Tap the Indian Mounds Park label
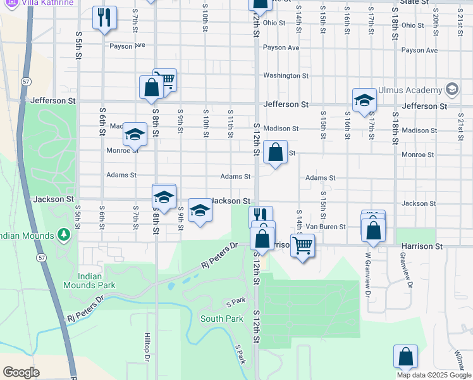click(x=89, y=281)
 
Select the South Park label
click(x=222, y=319)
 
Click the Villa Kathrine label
click(x=45, y=3)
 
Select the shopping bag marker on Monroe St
click(x=275, y=153)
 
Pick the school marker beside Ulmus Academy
click(x=364, y=100)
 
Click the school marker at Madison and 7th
click(x=135, y=134)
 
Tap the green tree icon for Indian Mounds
click(x=63, y=236)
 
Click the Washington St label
click(x=285, y=75)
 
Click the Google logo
click(x=21, y=372)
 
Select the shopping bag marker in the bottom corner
click(x=405, y=357)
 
